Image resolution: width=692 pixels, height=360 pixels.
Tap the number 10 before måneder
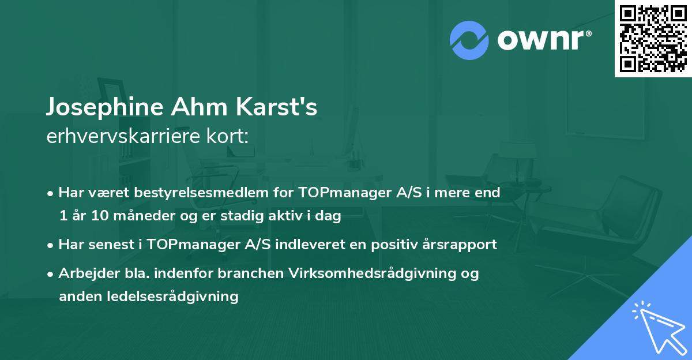click(98, 216)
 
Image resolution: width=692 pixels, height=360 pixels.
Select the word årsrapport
click(461, 245)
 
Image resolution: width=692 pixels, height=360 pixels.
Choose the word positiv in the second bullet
click(394, 245)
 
